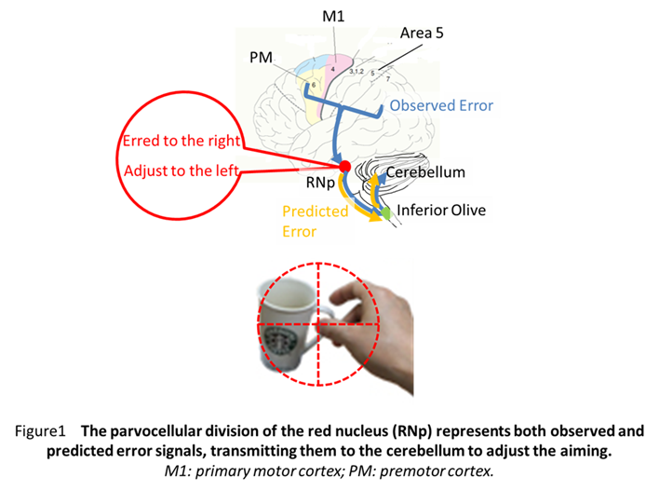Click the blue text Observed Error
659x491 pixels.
(441, 105)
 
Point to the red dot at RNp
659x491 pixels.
(344, 166)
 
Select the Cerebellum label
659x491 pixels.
(425, 173)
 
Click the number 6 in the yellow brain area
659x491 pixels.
(314, 85)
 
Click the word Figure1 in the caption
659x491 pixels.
(46, 431)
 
